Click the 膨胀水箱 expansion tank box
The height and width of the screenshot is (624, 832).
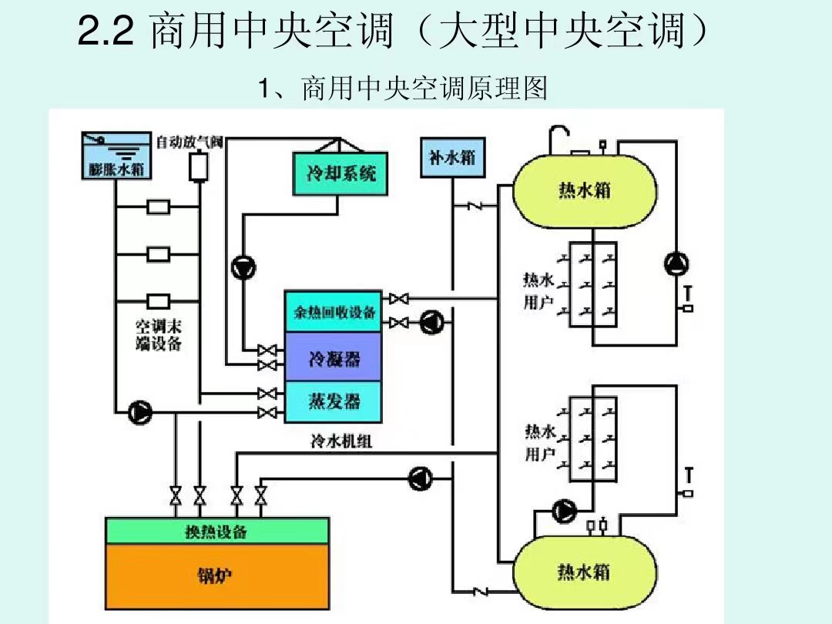tap(116, 157)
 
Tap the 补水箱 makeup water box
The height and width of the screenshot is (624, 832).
tap(451, 157)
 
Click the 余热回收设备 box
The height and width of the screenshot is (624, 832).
tap(334, 312)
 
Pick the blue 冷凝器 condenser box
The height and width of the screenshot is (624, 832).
tap(334, 357)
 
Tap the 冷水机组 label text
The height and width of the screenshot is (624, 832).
tap(341, 441)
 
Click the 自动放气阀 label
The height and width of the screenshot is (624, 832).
tap(190, 142)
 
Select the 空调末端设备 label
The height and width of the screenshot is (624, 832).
tap(159, 335)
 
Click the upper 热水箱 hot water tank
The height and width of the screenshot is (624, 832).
tap(585, 189)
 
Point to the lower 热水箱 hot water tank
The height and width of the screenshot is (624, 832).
tap(585, 572)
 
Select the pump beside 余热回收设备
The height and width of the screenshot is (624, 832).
tap(431, 322)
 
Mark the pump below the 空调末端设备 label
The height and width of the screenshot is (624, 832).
tap(140, 412)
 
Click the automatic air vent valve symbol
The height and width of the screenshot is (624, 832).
tap(199, 166)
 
